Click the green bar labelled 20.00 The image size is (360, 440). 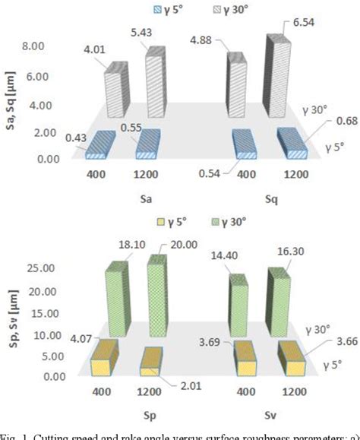tap(156, 298)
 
